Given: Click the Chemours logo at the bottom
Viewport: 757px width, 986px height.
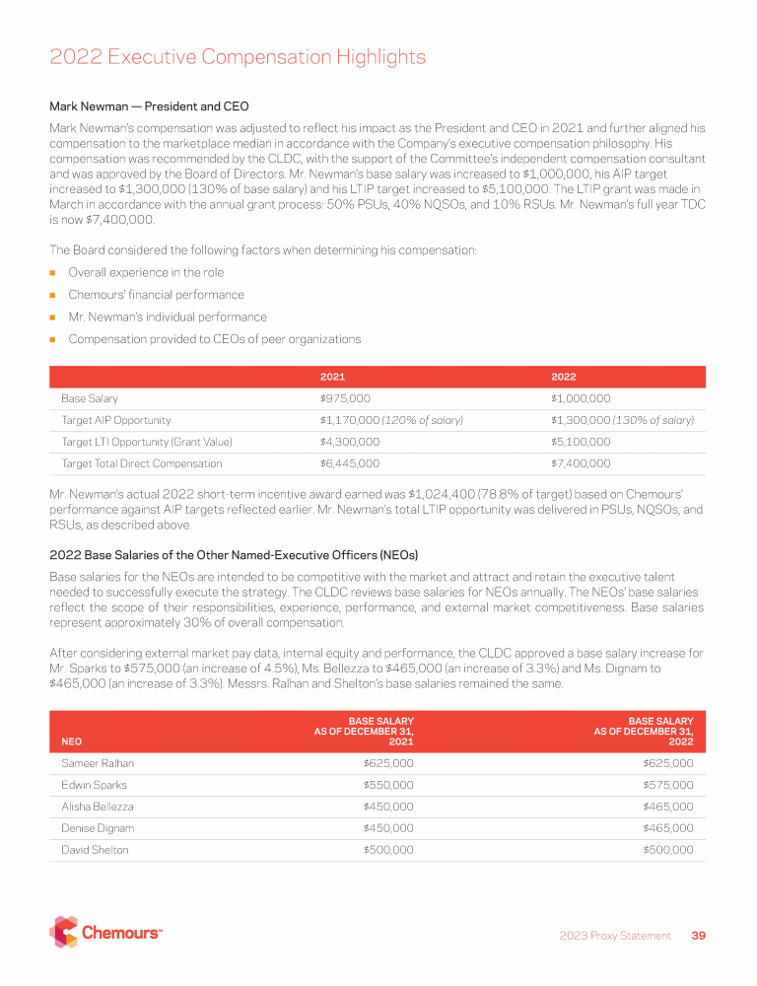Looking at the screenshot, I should [x=106, y=932].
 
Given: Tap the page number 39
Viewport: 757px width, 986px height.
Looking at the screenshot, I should [x=698, y=936].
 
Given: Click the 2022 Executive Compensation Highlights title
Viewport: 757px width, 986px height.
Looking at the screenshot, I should [x=238, y=57].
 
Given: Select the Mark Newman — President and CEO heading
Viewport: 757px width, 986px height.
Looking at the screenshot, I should [x=149, y=106].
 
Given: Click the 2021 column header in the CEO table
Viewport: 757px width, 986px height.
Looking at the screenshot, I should [x=332, y=377].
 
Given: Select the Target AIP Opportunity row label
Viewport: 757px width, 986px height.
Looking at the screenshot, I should [x=116, y=420].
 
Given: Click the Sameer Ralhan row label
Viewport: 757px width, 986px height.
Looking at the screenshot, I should [x=97, y=763].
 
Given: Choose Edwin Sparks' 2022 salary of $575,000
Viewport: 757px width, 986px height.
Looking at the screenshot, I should [x=667, y=785].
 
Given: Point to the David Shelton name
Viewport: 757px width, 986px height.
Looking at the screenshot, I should [x=95, y=850].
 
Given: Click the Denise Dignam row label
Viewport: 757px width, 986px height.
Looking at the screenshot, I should [x=98, y=828].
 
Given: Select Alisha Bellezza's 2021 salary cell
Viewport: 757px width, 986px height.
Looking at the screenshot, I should [x=388, y=807].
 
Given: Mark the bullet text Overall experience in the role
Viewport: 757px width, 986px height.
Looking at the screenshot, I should [x=146, y=272].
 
